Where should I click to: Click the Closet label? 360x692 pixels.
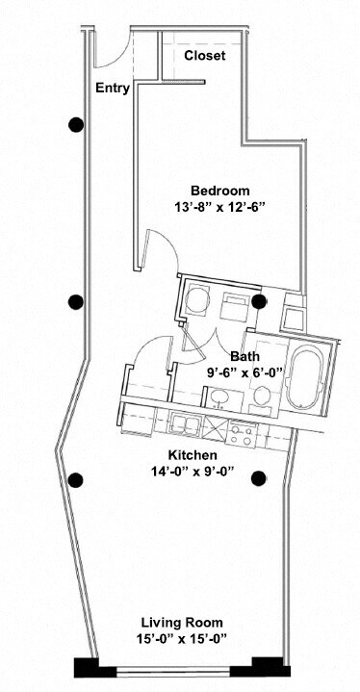[204, 56]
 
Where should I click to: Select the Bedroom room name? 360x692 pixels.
[219, 190]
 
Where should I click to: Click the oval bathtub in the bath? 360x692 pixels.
[307, 374]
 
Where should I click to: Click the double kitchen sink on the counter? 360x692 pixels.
[184, 423]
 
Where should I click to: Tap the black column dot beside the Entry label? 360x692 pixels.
[75, 124]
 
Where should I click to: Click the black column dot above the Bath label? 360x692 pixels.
[258, 301]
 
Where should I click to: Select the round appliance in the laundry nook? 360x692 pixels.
[197, 298]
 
